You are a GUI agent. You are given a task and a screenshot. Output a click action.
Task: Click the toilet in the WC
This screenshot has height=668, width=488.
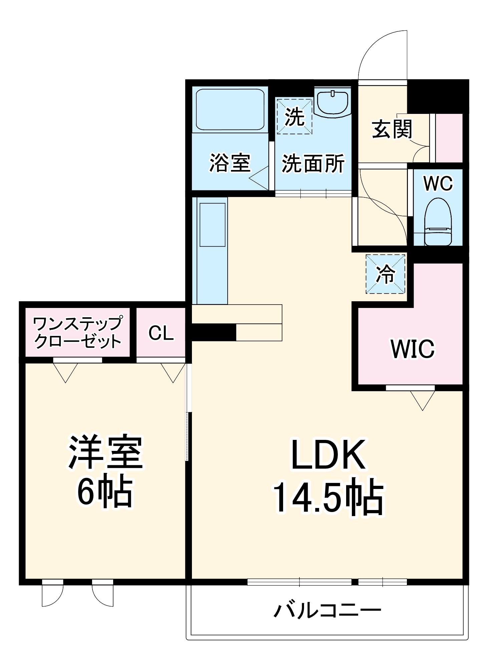pos(438,222)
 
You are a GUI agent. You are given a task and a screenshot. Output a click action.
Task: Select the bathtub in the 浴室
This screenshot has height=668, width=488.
pos(230,110)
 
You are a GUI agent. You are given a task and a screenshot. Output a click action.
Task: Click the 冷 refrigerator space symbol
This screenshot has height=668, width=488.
pos(386,274)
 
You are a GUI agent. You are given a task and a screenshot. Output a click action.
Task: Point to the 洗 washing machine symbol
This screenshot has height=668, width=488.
pos(294,117)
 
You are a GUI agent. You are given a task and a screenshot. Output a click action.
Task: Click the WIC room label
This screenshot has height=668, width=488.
pos(413,349)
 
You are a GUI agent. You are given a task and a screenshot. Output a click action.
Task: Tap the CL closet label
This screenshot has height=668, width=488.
pos(161,333)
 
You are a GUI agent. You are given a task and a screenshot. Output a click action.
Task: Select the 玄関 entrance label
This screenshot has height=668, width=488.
pos(392,129)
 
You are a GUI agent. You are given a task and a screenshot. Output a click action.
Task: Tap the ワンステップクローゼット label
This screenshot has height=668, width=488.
pos(77,332)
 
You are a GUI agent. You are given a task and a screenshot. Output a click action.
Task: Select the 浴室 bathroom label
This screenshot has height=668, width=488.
pos(230,163)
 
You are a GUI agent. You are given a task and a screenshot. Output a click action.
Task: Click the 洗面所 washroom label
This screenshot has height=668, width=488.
pos(313,163)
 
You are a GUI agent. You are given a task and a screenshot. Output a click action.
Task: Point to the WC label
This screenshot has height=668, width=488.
pos(438,183)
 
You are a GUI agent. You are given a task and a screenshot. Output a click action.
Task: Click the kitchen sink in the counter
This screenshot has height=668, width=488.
pos(212,224)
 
